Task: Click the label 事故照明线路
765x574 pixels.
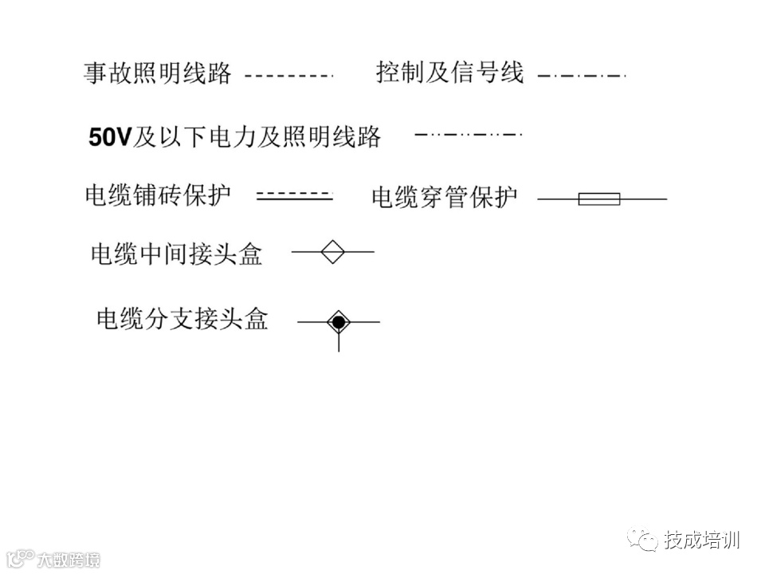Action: pyautogui.click(x=157, y=74)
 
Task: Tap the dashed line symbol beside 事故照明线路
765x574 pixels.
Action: pyautogui.click(x=288, y=76)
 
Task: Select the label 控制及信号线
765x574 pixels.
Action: pyautogui.click(x=449, y=73)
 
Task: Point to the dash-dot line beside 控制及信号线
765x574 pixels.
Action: pyautogui.click(x=582, y=76)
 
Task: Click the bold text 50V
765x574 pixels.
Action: pyautogui.click(x=109, y=137)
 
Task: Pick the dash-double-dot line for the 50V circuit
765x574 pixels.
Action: pyautogui.click(x=468, y=135)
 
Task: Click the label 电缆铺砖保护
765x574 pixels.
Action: pyautogui.click(x=158, y=195)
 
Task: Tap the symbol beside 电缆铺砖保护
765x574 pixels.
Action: pyautogui.click(x=294, y=195)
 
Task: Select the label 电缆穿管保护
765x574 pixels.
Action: pyautogui.click(x=444, y=197)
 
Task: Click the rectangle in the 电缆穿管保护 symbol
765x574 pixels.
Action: pyautogui.click(x=598, y=199)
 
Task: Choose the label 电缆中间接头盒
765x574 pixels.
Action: pyautogui.click(x=176, y=254)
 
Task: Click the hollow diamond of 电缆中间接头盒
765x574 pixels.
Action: pyautogui.click(x=332, y=252)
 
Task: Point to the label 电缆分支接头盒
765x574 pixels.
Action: pyautogui.click(x=182, y=319)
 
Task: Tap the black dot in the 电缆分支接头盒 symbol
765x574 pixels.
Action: pyautogui.click(x=339, y=322)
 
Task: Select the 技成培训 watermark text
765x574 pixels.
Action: pyautogui.click(x=702, y=540)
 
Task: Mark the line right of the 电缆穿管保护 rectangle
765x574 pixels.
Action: pyautogui.click(x=643, y=199)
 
